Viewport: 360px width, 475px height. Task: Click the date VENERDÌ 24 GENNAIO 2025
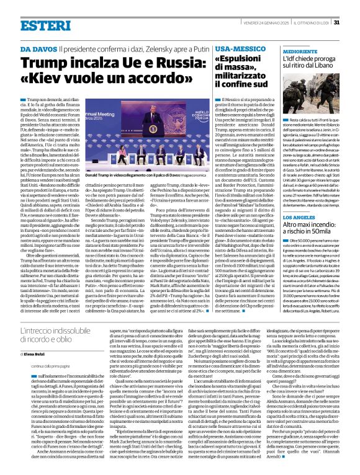pyautogui.click(x=273, y=6)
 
